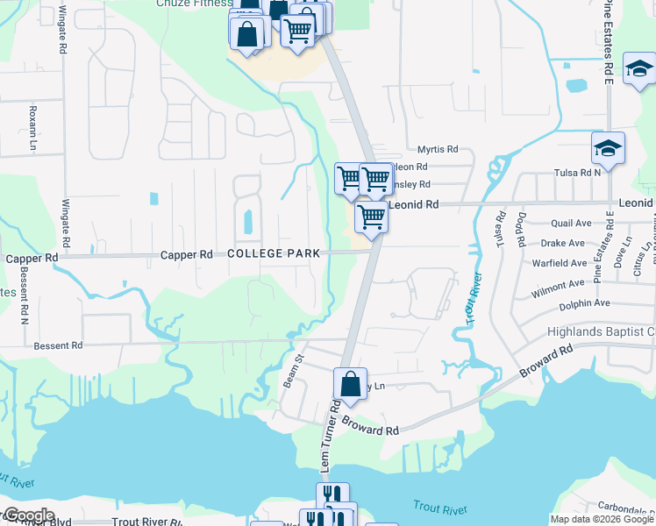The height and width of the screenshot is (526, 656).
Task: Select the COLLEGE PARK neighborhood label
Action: pyautogui.click(x=267, y=253)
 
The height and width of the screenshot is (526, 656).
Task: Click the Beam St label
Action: pyautogui.click(x=291, y=371)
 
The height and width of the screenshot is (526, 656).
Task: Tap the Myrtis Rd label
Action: pyautogui.click(x=438, y=150)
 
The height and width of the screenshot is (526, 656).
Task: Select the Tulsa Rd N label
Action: pyautogui.click(x=625, y=172)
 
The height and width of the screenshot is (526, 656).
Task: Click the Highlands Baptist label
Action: pyautogui.click(x=601, y=331)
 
